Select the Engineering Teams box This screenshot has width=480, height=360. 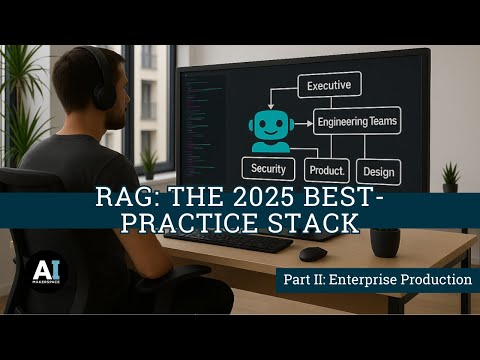click(x=356, y=122)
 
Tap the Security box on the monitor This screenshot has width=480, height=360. click(x=269, y=169)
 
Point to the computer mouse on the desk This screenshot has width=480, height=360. click(x=312, y=253)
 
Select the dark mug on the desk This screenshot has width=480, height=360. click(x=384, y=241)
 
